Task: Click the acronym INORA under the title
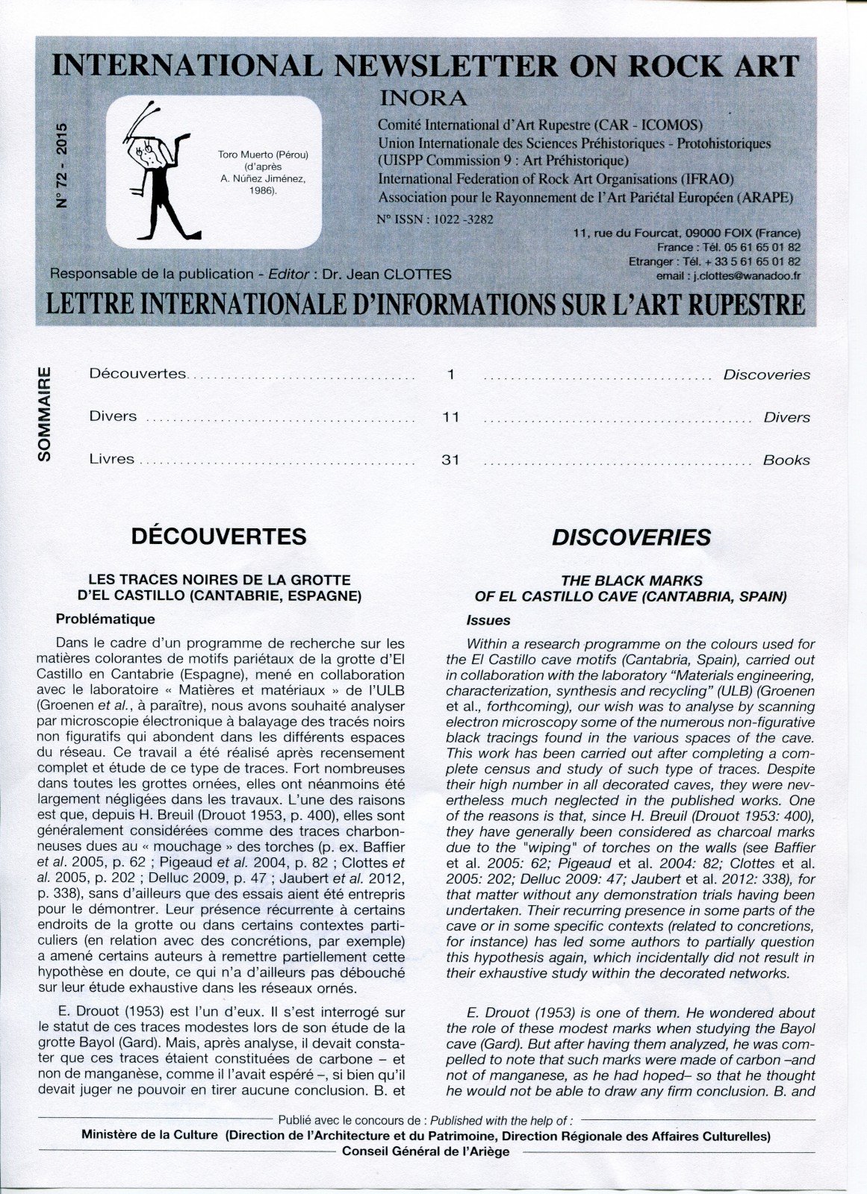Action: point(423,98)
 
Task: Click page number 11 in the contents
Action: point(450,417)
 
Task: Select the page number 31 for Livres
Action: point(450,460)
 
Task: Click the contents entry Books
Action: point(786,460)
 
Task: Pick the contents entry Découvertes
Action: point(137,373)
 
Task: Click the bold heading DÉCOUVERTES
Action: point(219,537)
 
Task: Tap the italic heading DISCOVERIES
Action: point(631,538)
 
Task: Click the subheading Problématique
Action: point(105,619)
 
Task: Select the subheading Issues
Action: point(488,620)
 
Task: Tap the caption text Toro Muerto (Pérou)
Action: point(263,154)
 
